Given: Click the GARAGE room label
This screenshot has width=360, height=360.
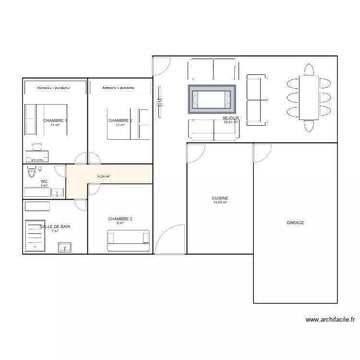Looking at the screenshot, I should pyautogui.click(x=295, y=223).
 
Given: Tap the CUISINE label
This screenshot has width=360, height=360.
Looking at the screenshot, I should pyautogui.click(x=220, y=198).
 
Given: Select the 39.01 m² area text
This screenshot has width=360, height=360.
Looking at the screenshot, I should pyautogui.click(x=230, y=122).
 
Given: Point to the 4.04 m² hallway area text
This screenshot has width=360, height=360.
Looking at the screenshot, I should pyautogui.click(x=104, y=177).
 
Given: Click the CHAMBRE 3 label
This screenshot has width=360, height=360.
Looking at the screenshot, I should pyautogui.click(x=120, y=219).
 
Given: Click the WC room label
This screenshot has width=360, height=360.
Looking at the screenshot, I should pyautogui.click(x=44, y=181).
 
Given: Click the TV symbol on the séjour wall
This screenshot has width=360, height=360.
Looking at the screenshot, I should pyautogui.click(x=159, y=101).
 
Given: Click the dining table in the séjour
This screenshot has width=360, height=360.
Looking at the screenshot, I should pyautogui.click(x=309, y=98).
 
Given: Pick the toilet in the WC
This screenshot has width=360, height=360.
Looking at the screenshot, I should pyautogui.click(x=33, y=170).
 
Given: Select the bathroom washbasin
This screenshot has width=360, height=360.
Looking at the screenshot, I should pyautogui.click(x=65, y=248).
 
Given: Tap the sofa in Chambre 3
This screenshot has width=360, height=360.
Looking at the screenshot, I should pyautogui.click(x=128, y=240).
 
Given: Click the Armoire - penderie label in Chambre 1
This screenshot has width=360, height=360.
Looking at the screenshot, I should pyautogui.click(x=54, y=87).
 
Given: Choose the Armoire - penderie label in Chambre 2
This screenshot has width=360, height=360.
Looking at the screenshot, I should pyautogui.click(x=119, y=88).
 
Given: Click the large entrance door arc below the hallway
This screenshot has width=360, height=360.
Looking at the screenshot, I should pyautogui.click(x=170, y=238).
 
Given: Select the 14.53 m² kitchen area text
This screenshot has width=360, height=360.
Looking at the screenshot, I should pyautogui.click(x=220, y=203).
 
